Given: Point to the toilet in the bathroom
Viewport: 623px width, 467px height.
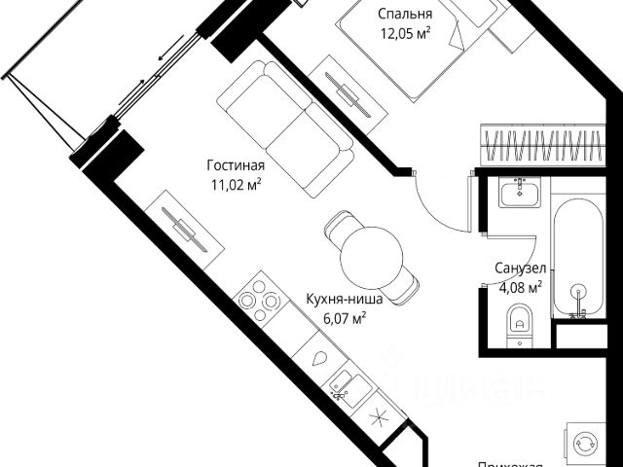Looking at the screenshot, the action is tap(521, 320).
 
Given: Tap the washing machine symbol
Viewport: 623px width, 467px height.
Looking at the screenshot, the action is tap(590, 442).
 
